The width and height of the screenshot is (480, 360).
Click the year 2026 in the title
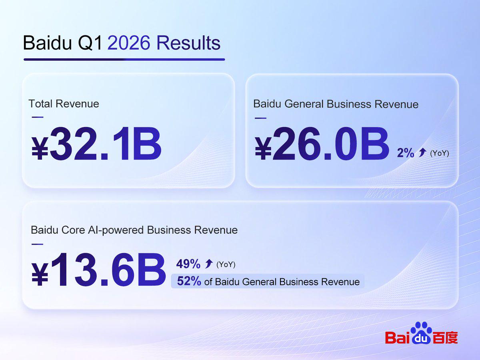128,43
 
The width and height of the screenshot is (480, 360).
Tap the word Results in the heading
188,43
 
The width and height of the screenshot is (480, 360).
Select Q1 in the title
90,43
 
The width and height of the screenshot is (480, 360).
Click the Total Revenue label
64,104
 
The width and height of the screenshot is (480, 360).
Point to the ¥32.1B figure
96,143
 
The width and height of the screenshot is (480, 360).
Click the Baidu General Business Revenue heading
336,104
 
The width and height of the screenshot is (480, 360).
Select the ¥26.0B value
322,144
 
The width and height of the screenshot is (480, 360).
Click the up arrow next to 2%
422,152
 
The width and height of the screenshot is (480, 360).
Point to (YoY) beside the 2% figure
439,153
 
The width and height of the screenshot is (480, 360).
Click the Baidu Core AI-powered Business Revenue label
134,230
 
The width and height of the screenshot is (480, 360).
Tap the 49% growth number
188,264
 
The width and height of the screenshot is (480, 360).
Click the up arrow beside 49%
209,263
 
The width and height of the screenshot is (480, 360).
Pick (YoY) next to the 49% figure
226,264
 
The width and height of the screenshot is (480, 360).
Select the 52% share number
189,281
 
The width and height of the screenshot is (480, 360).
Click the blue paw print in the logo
421,333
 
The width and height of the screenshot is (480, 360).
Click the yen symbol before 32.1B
40,148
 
